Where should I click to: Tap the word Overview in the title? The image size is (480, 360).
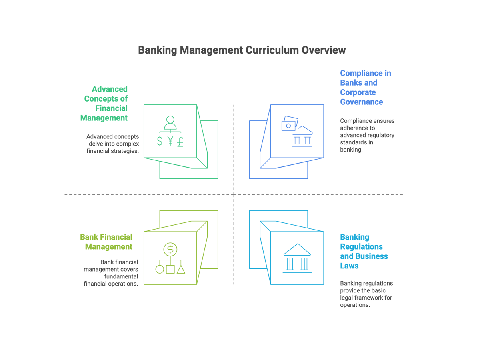[324, 50]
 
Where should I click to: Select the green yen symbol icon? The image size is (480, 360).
[170, 141]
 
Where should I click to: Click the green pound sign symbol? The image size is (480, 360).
[180, 142]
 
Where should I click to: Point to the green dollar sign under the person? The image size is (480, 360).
[160, 141]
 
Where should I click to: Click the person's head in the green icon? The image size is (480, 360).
[170, 120]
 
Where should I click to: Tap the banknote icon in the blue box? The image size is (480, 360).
[290, 123]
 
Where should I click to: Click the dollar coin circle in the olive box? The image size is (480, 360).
[170, 249]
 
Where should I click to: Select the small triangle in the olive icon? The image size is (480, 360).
[181, 270]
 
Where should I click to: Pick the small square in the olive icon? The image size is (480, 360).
[170, 270]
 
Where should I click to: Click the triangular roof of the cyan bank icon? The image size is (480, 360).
[297, 250]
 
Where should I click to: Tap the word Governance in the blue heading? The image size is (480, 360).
[362, 102]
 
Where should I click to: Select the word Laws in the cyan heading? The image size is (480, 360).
[349, 266]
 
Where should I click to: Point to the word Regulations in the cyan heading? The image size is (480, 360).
[362, 246]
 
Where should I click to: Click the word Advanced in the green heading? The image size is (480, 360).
[110, 89]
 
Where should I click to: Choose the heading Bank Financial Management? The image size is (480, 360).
[106, 242]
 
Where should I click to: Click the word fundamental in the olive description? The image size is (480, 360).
[121, 276]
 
